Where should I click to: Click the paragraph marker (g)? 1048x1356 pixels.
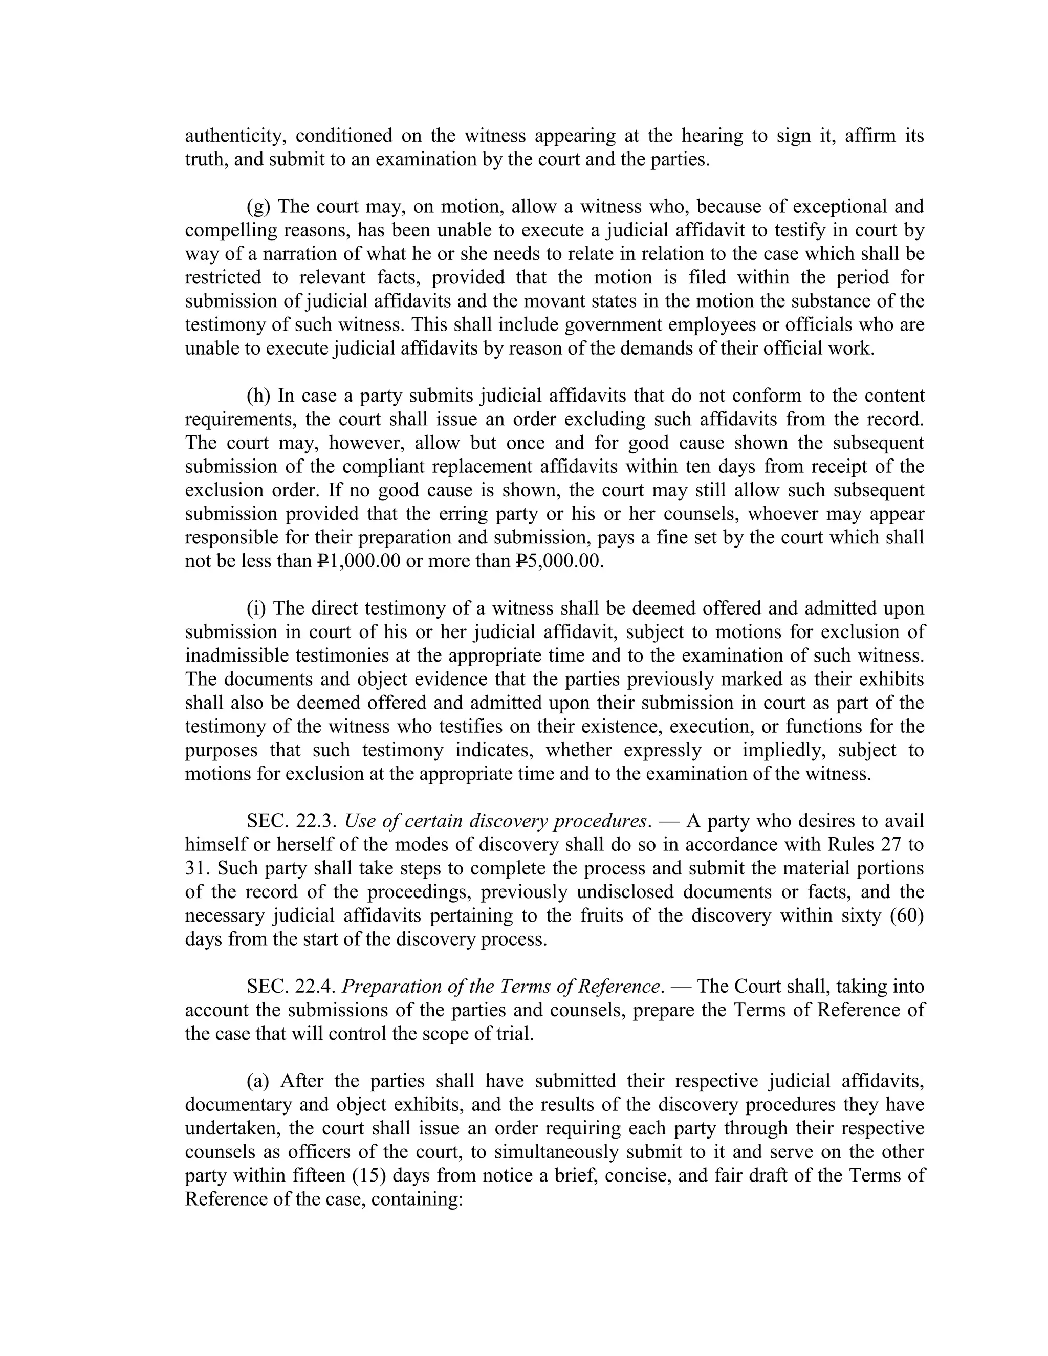click(x=258, y=207)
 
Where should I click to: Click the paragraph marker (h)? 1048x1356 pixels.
click(x=258, y=396)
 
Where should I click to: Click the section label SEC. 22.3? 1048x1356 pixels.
click(x=292, y=821)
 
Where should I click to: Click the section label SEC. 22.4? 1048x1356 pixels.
click(x=292, y=987)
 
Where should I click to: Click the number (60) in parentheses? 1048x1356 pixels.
click(x=907, y=916)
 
